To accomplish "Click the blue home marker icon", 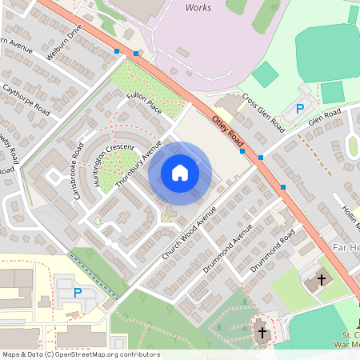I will coord(180,173).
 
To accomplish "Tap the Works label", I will coord(198,7).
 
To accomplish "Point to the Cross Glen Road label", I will coord(263,115).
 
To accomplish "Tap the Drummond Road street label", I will coord(273,250).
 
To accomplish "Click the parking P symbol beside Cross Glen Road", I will coord(300,108).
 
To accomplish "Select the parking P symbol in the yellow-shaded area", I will coord(78,293).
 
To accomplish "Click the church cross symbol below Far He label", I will coord(322,280).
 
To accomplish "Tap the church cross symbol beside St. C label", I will coord(262,331).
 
